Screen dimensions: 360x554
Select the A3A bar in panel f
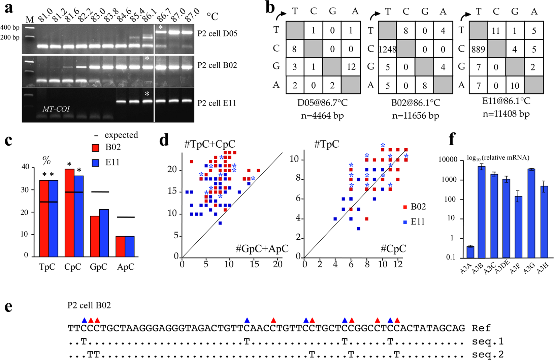(x=470, y=251)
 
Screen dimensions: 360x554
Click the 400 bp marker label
(x=10, y=27)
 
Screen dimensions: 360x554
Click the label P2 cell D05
(x=217, y=33)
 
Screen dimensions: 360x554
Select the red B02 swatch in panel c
(x=96, y=148)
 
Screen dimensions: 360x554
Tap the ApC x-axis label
(x=125, y=267)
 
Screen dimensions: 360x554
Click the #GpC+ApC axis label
(x=262, y=249)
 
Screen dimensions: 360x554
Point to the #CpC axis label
(x=393, y=249)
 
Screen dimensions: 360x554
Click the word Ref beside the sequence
(x=481, y=328)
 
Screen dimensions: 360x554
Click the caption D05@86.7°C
(x=322, y=102)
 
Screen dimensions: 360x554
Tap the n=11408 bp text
(x=506, y=114)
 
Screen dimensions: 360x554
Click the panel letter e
(x=8, y=307)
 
